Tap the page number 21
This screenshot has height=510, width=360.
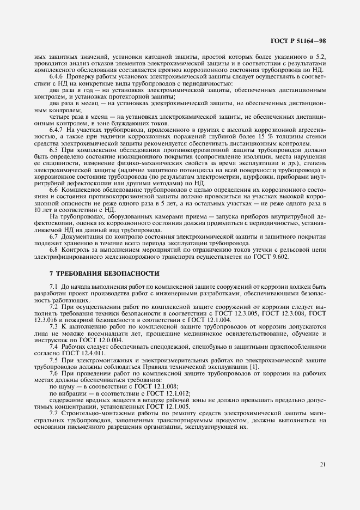323,464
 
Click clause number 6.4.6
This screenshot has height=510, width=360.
57,76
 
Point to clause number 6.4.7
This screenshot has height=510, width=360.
57,129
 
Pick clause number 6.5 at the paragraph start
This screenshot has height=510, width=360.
54,149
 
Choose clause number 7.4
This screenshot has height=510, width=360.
54,347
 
